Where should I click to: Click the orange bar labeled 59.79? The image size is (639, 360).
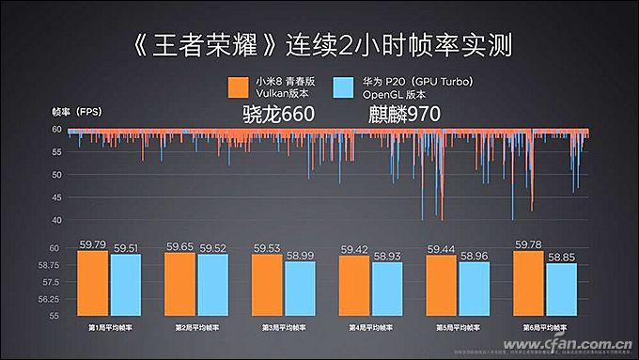pos(92,284)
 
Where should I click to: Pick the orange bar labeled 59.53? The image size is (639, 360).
pos(268,286)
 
